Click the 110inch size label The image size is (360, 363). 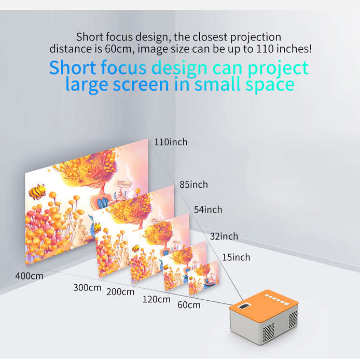pyautogui.click(x=171, y=142)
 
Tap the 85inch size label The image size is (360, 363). pyautogui.click(x=193, y=185)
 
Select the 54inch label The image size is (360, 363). pyautogui.click(x=208, y=210)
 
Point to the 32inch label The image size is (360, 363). pyautogui.click(x=224, y=236)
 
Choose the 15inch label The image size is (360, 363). pyautogui.click(x=236, y=257)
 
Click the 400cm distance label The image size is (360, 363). pyautogui.click(x=30, y=276)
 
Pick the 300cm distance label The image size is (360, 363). pyautogui.click(x=87, y=287)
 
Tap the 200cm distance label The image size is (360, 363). pyautogui.click(x=120, y=292)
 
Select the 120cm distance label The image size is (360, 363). pyautogui.click(x=157, y=299)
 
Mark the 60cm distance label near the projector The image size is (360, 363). pyautogui.click(x=189, y=305)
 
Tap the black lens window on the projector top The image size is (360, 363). pyautogui.click(x=244, y=306)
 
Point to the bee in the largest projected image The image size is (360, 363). pyautogui.click(x=37, y=191)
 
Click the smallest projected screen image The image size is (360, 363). pyautogui.click(x=203, y=277)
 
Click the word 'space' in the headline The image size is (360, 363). pyautogui.click(x=270, y=85)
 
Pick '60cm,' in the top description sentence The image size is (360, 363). pyautogui.click(x=120, y=49)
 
